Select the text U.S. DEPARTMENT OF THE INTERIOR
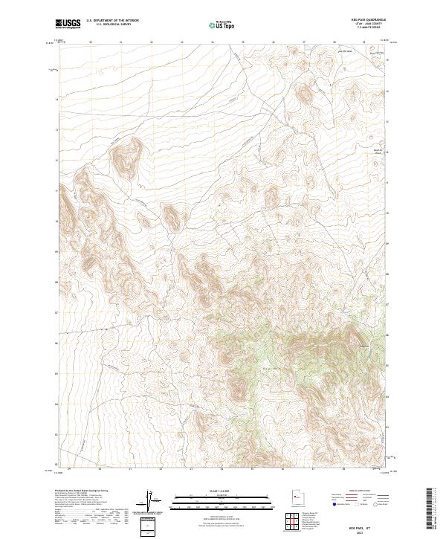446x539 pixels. [x=112, y=21]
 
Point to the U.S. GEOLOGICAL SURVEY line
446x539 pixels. [x=107, y=25]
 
